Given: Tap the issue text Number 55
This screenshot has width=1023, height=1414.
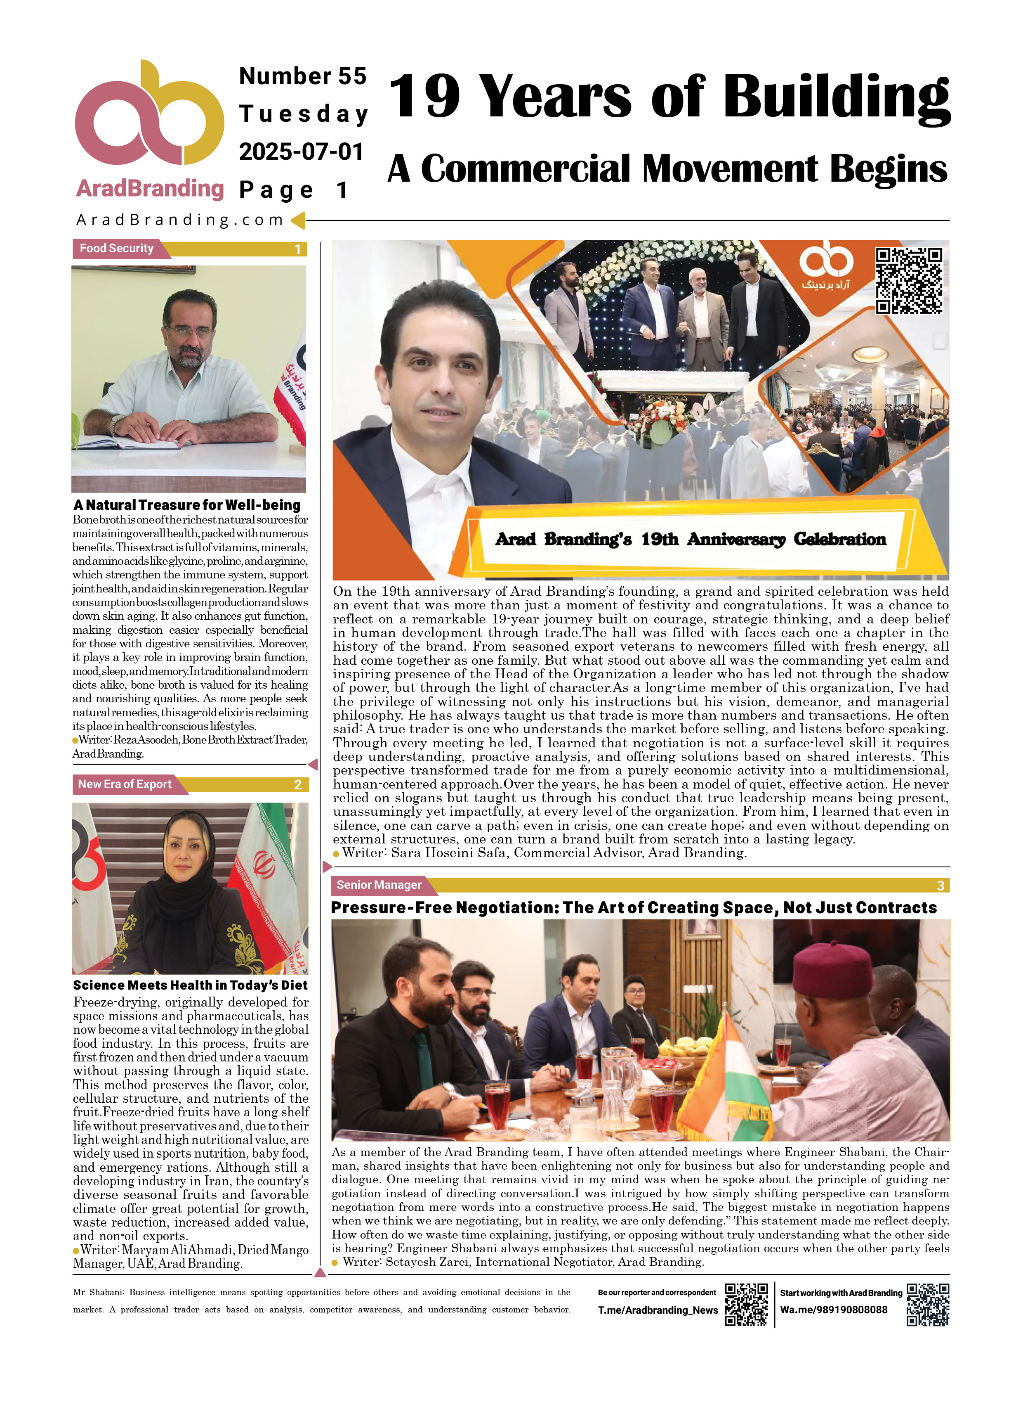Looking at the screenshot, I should pos(303,76).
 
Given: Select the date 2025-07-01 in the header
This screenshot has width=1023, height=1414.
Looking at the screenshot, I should pos(301,152).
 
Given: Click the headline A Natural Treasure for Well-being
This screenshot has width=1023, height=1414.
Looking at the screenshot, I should pos(187,505).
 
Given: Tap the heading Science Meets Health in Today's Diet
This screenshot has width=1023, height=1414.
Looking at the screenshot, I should pos(190,985).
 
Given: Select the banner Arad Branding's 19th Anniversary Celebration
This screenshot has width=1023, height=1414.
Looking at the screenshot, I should pos(690,539).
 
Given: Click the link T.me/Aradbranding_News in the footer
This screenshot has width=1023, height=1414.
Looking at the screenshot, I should pos(658,1310).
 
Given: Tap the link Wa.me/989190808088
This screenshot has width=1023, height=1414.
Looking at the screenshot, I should pos(834,1310).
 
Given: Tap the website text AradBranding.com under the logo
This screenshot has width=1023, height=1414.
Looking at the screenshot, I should pos(180,220).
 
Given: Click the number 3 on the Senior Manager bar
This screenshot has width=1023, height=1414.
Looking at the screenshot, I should pos(940,885).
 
